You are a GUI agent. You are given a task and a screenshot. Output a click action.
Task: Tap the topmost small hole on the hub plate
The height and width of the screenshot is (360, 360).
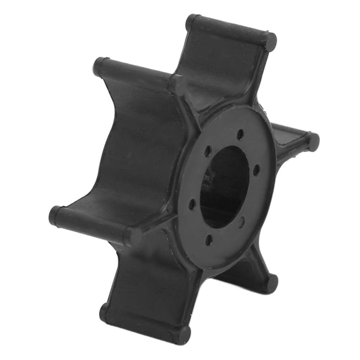(x=240, y=134)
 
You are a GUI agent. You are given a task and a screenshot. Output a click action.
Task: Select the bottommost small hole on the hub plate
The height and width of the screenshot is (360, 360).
(x=209, y=240)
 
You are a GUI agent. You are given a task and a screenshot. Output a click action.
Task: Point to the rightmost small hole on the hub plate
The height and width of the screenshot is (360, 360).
(x=257, y=170)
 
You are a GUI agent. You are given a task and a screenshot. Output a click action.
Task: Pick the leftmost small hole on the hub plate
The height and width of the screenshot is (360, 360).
(x=192, y=204)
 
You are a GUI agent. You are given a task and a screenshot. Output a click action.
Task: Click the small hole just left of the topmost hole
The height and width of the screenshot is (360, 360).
(x=208, y=151)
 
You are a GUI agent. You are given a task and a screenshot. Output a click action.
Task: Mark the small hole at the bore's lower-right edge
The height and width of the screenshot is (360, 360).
(x=241, y=222)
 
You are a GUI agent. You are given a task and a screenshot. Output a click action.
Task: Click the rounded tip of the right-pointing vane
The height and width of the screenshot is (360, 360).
(x=313, y=141)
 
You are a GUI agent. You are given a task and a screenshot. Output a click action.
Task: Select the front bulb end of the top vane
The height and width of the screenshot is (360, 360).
(x=270, y=41)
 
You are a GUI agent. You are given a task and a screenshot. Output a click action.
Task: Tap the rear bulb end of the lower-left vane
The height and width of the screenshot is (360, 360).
(x=56, y=215)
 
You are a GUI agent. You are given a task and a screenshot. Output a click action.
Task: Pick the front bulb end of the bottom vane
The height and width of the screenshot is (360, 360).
(x=183, y=334)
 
